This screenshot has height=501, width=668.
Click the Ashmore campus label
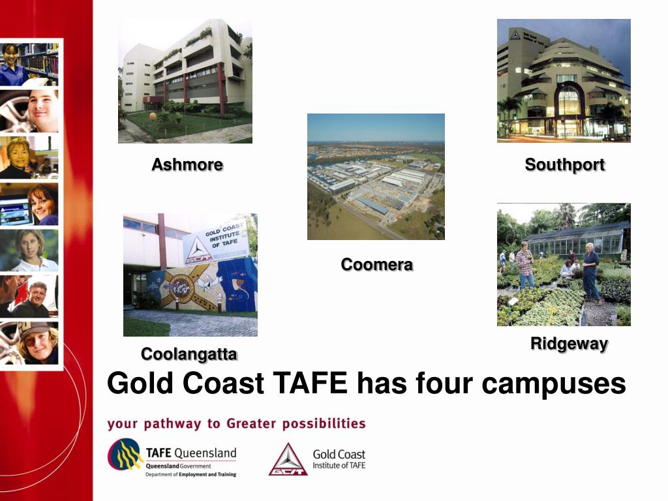coord(187,165)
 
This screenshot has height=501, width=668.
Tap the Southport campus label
coord(565,165)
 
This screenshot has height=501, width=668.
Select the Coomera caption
coord(376,265)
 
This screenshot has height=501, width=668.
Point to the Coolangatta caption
coord(189,354)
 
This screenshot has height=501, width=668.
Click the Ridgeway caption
coord(569,344)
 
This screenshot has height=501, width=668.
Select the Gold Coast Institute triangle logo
coord(288,460)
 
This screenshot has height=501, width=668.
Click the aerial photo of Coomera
coord(376,177)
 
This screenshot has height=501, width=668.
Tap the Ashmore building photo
coord(185,81)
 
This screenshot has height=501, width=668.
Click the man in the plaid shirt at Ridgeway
coord(524,264)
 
